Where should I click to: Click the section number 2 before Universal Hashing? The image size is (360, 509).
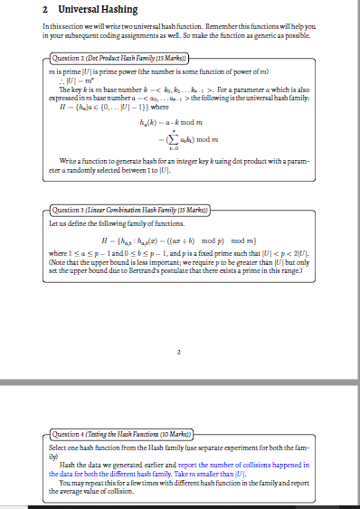tap(46, 9)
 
